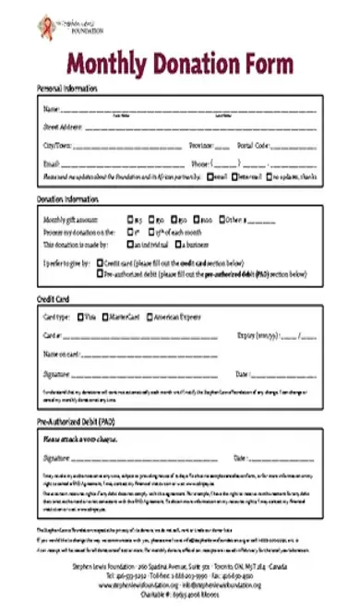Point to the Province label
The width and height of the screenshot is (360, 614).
(x=201, y=146)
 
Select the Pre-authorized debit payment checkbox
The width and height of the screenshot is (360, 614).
(x=100, y=273)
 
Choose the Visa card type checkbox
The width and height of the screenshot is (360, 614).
(x=82, y=317)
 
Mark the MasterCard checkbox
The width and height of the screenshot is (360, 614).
(x=106, y=317)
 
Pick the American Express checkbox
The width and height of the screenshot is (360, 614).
(x=149, y=317)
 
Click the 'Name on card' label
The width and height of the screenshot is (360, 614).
(x=61, y=354)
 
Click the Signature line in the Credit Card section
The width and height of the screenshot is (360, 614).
(x=138, y=375)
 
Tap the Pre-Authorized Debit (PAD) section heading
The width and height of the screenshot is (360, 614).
(x=77, y=420)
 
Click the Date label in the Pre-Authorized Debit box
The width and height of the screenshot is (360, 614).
(x=242, y=457)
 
